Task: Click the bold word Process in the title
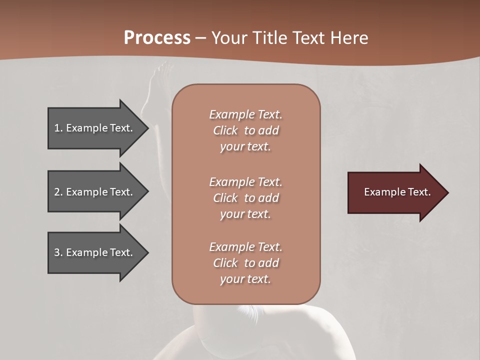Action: click(x=157, y=37)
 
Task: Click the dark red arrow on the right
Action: click(x=395, y=192)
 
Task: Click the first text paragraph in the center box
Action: click(x=245, y=130)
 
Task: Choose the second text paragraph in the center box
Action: click(x=245, y=198)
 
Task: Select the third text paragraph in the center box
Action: click(x=245, y=263)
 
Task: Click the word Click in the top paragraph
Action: click(x=225, y=130)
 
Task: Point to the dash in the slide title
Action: click(x=200, y=38)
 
